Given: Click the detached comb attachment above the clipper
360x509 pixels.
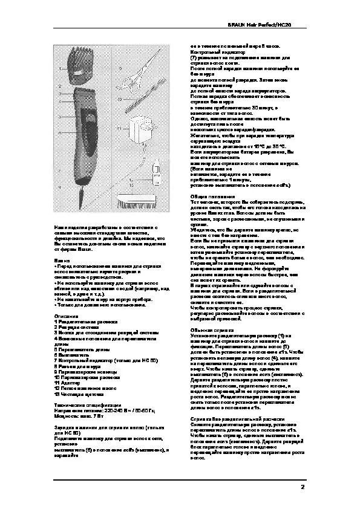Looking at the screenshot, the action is pyautogui.click(x=82, y=66).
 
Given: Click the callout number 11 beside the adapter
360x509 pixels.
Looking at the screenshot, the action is pyautogui.click(x=120, y=128).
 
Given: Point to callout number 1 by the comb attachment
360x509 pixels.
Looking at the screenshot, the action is pyautogui.click(x=60, y=70).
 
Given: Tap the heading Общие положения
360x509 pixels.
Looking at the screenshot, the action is pyautogui.click(x=209, y=196).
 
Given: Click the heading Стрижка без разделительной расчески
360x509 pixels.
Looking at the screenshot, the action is pyautogui.click(x=235, y=418).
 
